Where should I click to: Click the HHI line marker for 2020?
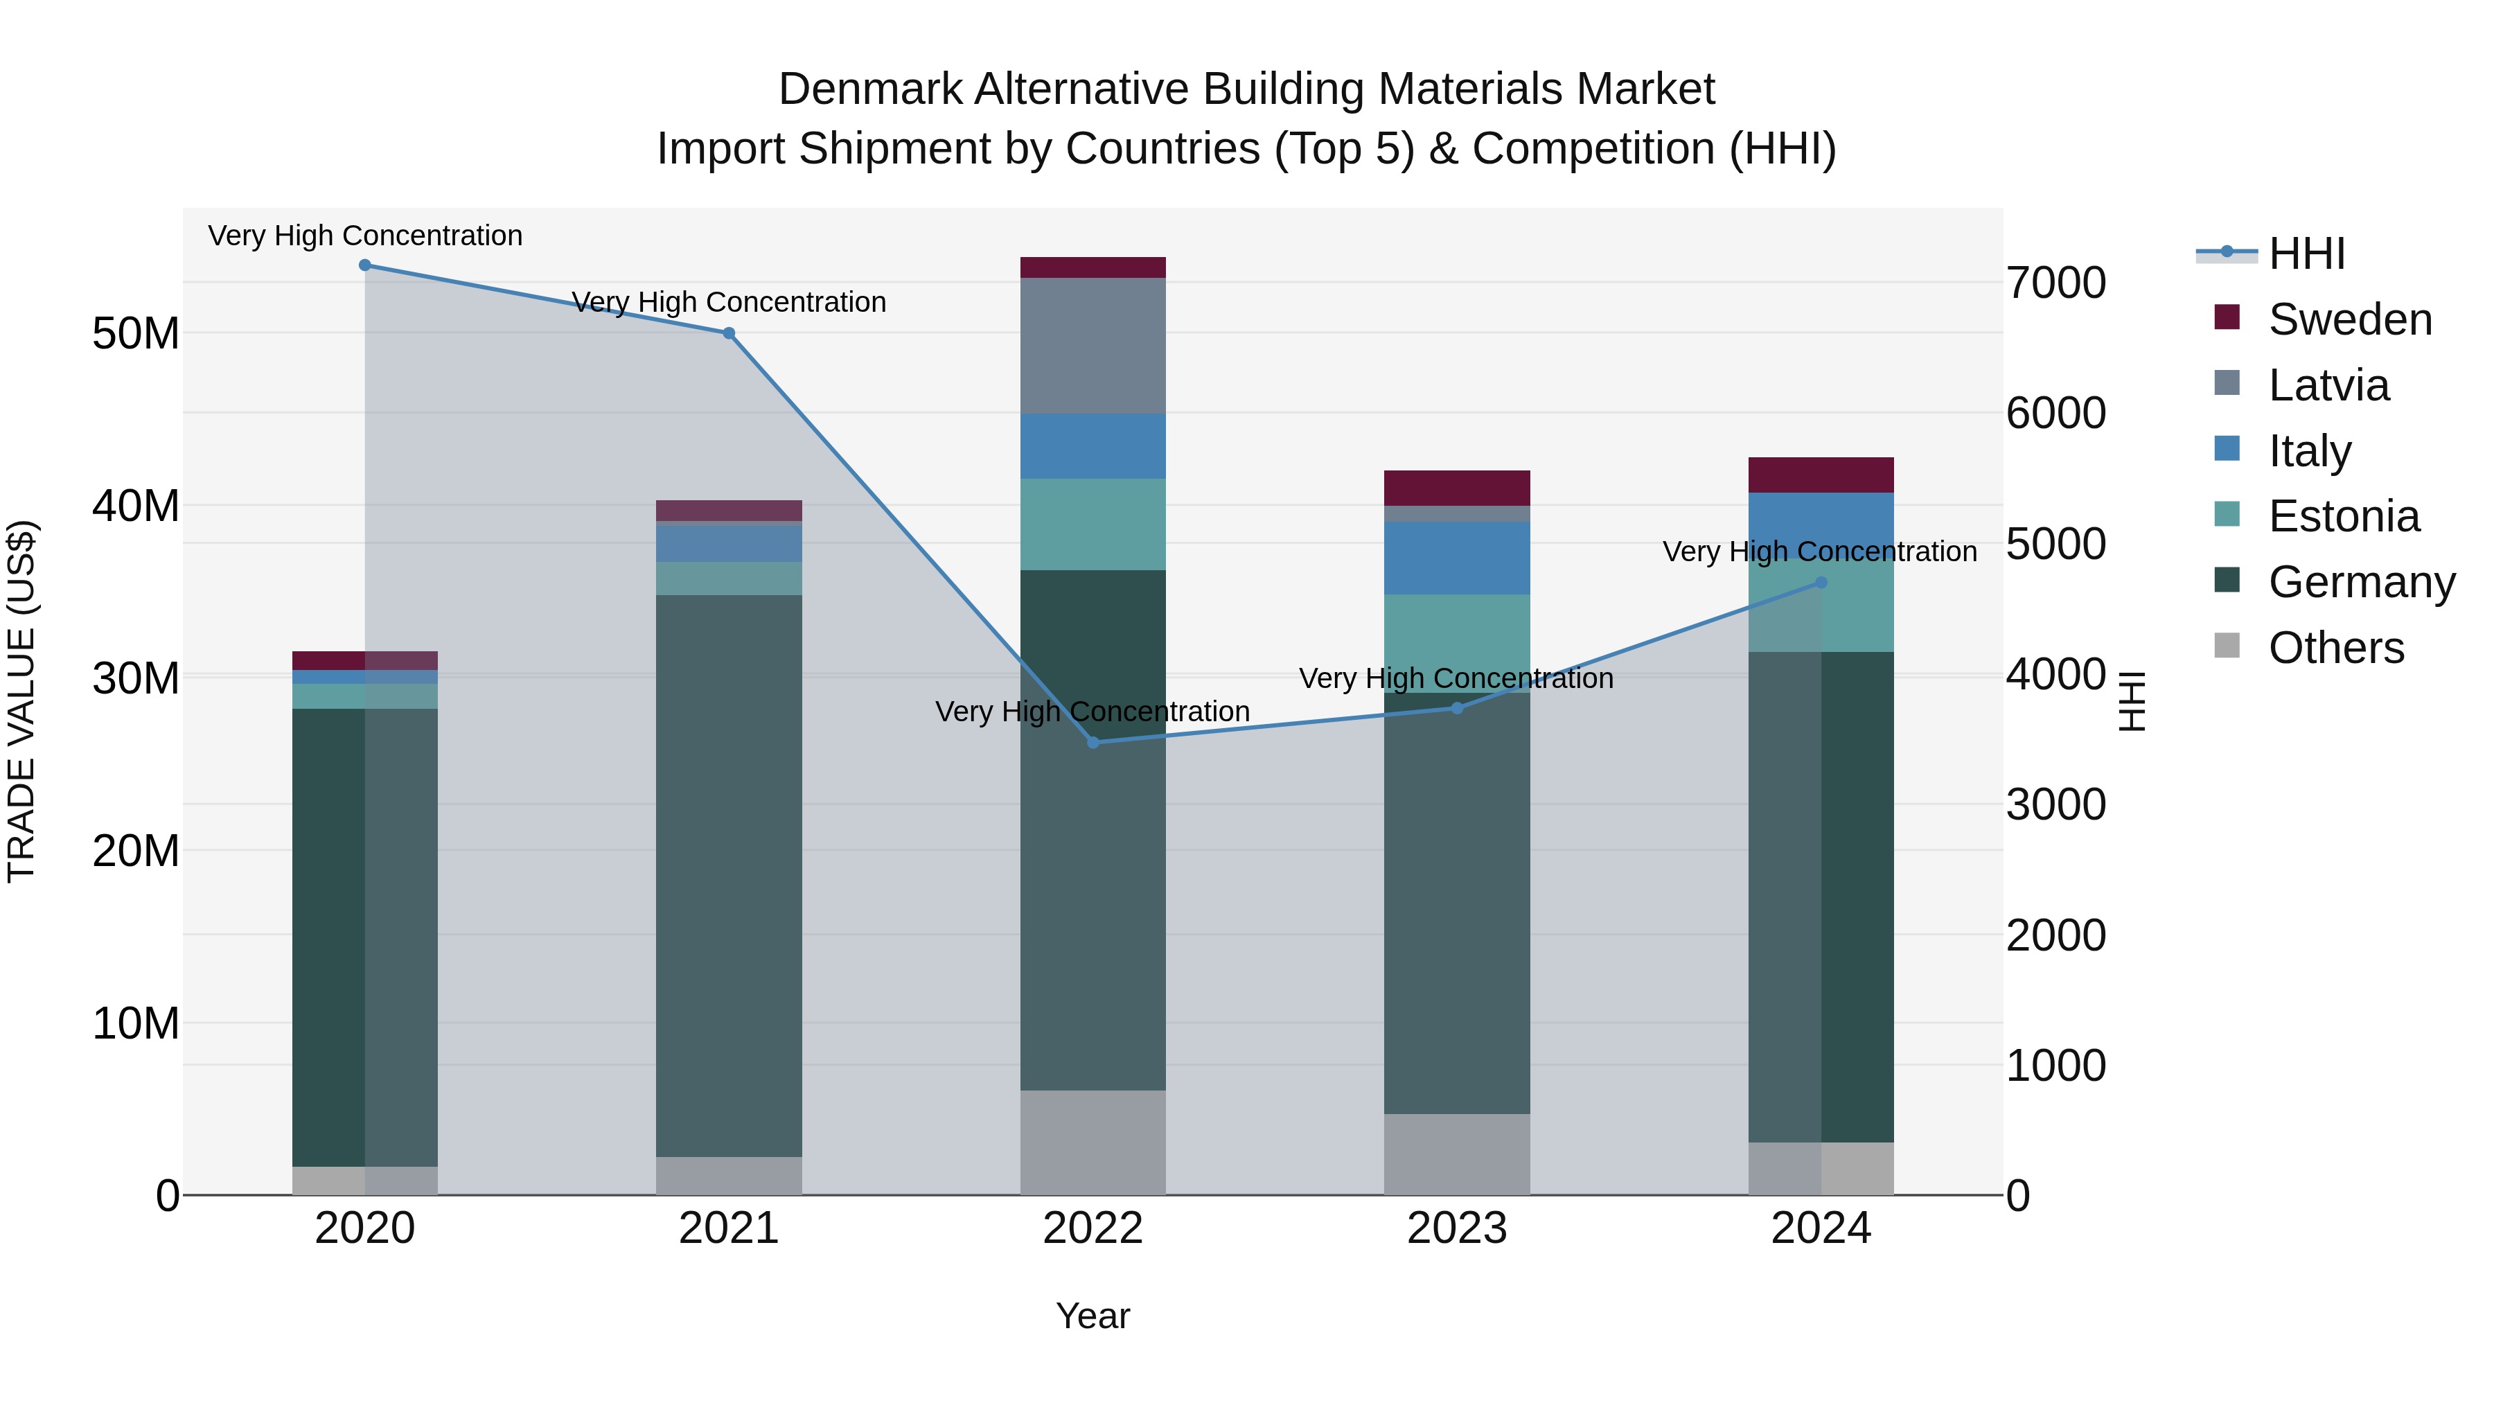365,265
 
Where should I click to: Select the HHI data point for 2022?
1093,743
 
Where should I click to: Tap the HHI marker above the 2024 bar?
1821,583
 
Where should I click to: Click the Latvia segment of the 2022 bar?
1093,346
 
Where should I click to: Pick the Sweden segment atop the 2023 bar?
1457,488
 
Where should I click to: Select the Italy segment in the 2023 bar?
1457,558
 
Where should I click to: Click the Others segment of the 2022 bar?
1093,1142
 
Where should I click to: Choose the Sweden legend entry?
2350,319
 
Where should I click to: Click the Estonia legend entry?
2343,516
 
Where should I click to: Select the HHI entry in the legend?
2306,254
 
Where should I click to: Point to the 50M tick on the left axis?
136,334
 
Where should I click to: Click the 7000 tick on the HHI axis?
2055,283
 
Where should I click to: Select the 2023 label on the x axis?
1457,1228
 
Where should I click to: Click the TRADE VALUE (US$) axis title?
21,701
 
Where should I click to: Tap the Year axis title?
1093,1316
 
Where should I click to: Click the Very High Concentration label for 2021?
729,302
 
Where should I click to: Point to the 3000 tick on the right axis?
2055,804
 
